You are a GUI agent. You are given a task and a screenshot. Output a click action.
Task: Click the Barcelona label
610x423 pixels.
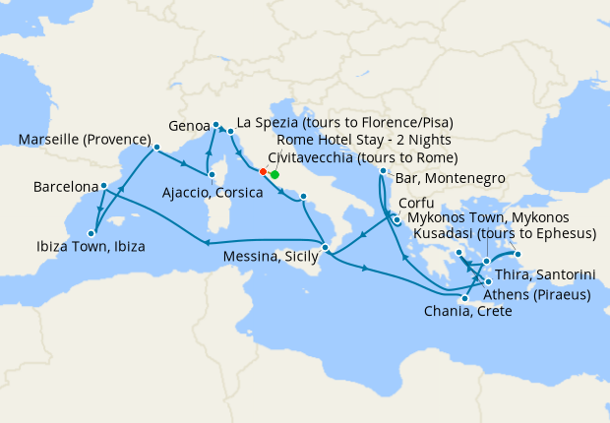(x=65, y=186)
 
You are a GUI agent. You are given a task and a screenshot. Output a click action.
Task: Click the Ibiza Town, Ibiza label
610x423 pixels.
(x=88, y=247)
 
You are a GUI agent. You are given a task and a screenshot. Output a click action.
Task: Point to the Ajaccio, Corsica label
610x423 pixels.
(x=213, y=193)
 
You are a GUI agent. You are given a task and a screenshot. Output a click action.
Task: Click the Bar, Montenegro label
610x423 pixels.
(x=451, y=178)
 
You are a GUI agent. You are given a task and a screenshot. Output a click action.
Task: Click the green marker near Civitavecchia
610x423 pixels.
(x=274, y=175)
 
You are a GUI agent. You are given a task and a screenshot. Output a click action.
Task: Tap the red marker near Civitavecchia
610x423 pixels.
(x=263, y=172)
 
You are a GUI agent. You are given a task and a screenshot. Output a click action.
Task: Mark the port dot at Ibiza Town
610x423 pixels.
(x=91, y=233)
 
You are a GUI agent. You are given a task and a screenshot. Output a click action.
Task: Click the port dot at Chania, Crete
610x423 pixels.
(x=464, y=298)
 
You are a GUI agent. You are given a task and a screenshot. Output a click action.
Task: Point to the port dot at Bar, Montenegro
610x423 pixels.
(x=383, y=172)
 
